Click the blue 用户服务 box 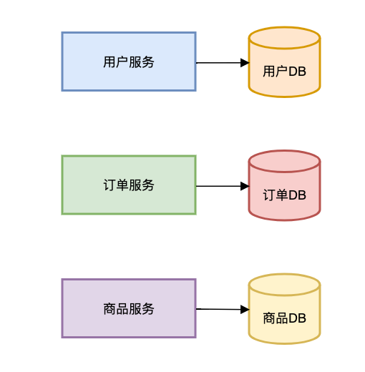click(129, 62)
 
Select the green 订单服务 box click(129, 185)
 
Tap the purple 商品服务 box click(129, 308)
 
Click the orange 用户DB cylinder click(284, 62)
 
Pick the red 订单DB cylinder click(284, 185)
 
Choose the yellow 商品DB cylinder click(284, 309)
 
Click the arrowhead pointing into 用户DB click(245, 63)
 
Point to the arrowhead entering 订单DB click(245, 186)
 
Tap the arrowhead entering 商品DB click(245, 310)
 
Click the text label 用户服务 click(129, 62)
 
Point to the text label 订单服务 click(129, 185)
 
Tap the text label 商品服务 click(129, 309)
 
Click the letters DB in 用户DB click(297, 72)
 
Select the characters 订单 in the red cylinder click(276, 195)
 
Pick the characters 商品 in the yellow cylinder click(276, 318)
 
